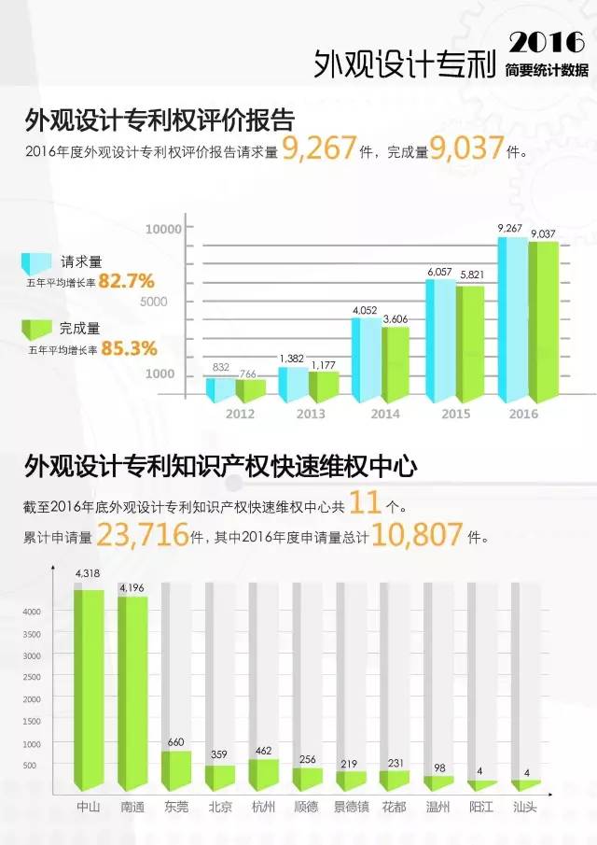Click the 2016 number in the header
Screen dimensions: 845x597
[x=548, y=42]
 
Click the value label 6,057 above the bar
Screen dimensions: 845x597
[x=439, y=272]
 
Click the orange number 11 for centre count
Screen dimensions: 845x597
[x=366, y=505]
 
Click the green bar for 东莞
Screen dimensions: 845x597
[x=177, y=768]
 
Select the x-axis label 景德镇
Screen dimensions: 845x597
[x=352, y=805]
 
